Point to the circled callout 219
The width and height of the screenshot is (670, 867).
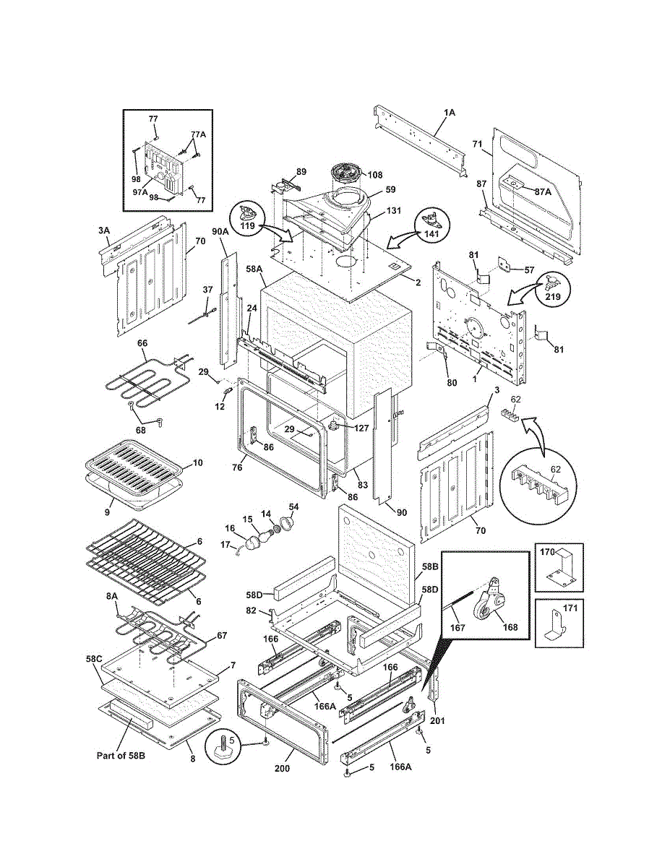[553, 296]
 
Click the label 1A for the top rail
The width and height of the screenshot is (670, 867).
[450, 113]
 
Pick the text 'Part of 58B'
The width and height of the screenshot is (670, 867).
[121, 756]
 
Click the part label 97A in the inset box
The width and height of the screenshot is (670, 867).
[140, 192]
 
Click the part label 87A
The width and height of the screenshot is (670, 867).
[543, 191]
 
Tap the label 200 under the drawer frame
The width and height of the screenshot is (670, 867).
[282, 768]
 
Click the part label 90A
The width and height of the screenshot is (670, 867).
[220, 231]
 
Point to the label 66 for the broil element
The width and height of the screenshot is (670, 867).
[142, 343]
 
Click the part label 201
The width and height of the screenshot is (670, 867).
[437, 720]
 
